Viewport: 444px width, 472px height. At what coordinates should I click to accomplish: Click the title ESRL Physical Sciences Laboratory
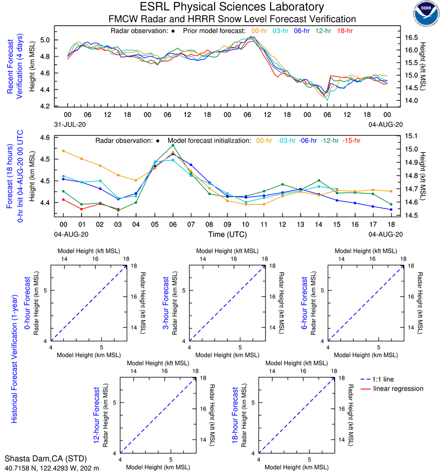(x=232, y=7)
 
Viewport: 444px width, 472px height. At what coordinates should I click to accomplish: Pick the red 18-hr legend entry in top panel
(x=345, y=31)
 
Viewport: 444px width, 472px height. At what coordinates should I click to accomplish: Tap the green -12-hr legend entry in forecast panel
(x=329, y=140)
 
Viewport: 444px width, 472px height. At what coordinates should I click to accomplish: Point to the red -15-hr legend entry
(x=353, y=140)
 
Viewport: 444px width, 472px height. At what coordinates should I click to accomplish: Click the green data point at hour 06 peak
(x=173, y=145)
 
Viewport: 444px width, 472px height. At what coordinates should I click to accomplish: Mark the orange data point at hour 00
(x=63, y=151)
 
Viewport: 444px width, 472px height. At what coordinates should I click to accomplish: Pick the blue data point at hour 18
(x=391, y=209)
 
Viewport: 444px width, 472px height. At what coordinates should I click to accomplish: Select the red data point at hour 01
(x=82, y=209)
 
